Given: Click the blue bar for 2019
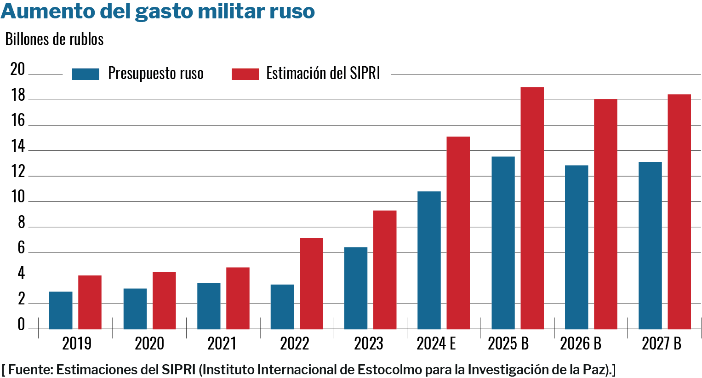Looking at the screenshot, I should click(x=61, y=310).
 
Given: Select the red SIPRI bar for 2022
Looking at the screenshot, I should click(x=311, y=284).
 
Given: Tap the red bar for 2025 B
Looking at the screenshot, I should click(x=532, y=208).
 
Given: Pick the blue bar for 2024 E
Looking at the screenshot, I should click(x=429, y=260).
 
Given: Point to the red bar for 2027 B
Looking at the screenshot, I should click(x=679, y=212).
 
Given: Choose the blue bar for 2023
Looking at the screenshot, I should click(x=356, y=288).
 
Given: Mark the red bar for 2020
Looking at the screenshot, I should click(x=164, y=300).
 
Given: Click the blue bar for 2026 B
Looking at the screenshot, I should click(x=576, y=247).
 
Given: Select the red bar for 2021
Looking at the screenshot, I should click(x=238, y=298).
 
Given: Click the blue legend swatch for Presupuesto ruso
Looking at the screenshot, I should click(x=86, y=74).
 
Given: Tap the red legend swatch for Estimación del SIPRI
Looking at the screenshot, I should click(x=245, y=74).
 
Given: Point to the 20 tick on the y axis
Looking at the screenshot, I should click(x=17, y=69).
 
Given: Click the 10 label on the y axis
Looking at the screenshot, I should click(x=17, y=197).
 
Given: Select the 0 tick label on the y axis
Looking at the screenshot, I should click(x=21, y=325).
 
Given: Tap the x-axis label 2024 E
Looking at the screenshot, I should click(x=436, y=344).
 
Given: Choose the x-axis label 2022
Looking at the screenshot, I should click(x=295, y=344).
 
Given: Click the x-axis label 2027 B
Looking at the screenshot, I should click(x=662, y=344).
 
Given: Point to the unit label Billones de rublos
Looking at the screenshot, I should click(x=54, y=40).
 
